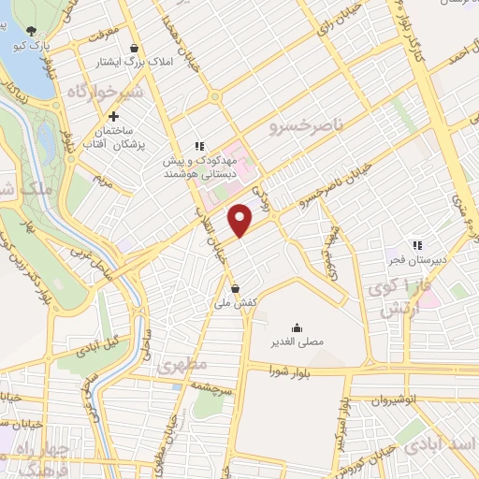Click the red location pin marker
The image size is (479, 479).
click(241, 220)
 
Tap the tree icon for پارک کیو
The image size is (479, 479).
click(34, 32)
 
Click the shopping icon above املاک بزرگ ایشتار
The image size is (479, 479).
click(137, 48)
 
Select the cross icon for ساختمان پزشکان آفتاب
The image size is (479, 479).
click(113, 118)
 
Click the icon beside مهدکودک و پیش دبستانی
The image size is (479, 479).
click(198, 146)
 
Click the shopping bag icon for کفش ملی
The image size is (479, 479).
click(235, 287)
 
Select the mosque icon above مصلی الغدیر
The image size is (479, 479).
click(297, 327)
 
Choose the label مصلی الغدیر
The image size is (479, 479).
click(297, 343)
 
